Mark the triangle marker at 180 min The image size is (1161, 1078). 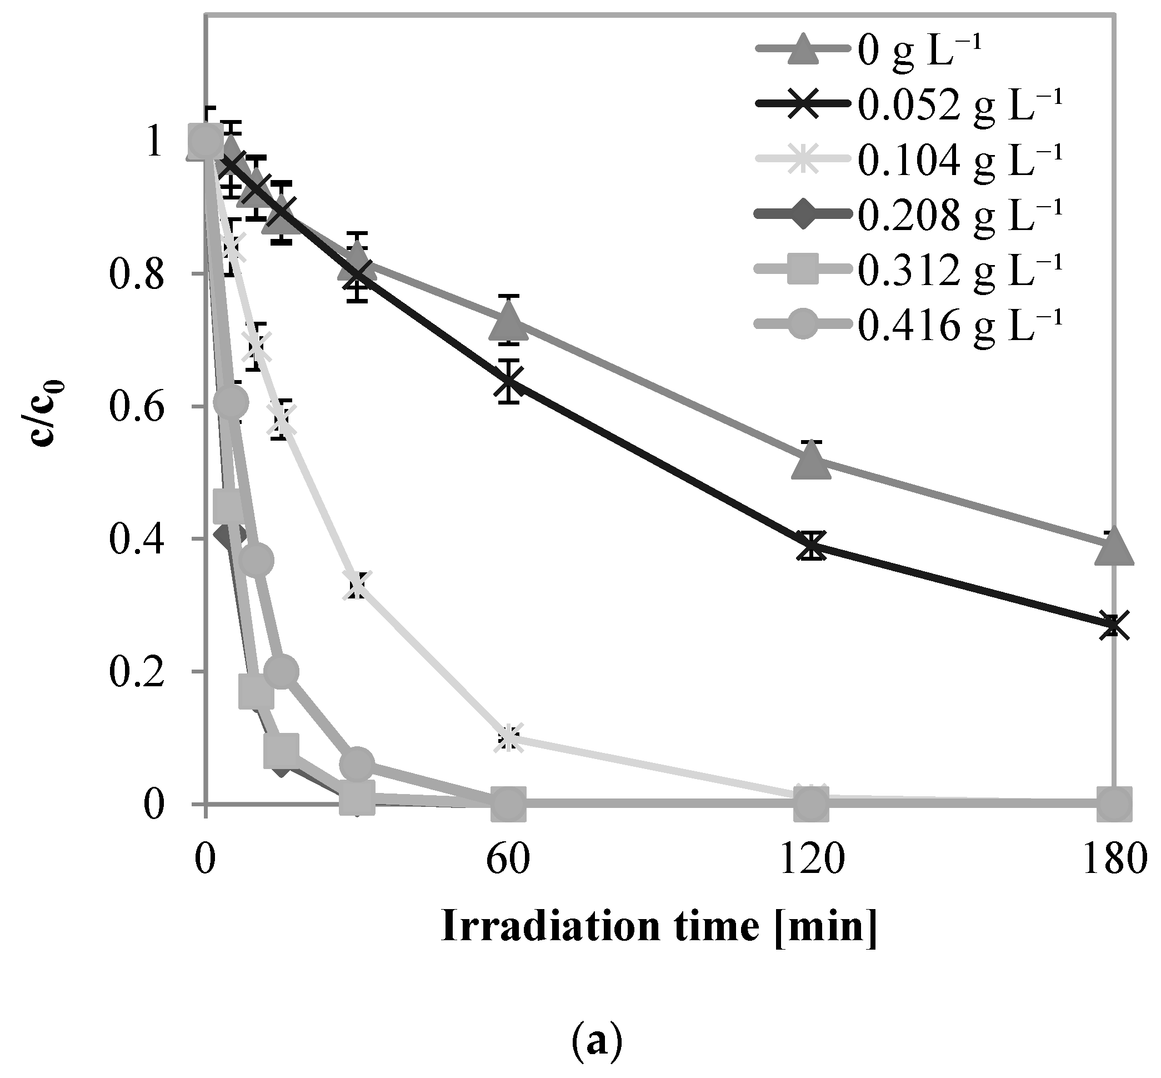pos(1114,547)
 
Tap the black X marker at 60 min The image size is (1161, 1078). pos(509,382)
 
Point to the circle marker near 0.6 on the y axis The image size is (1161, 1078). pos(231,402)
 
